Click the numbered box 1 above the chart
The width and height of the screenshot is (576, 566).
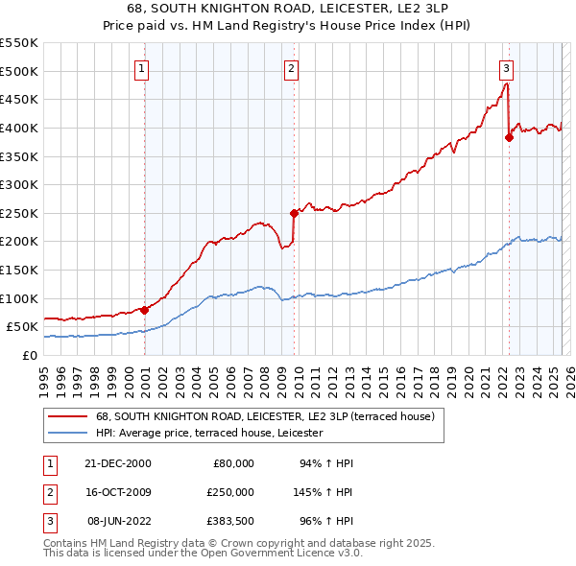[141, 67]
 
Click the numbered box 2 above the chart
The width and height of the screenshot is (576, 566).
[290, 67]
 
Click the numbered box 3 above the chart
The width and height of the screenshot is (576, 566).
[506, 67]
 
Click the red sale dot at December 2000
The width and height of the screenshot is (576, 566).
[145, 309]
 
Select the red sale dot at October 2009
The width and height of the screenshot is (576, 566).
[295, 213]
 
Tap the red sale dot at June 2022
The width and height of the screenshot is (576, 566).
[509, 137]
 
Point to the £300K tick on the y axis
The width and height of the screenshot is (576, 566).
[19, 184]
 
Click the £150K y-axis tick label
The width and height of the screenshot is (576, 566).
[19, 270]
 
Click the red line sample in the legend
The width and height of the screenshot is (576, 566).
[66, 416]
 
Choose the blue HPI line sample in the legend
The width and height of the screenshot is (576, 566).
[66, 434]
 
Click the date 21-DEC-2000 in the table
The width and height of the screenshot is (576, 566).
[119, 463]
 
